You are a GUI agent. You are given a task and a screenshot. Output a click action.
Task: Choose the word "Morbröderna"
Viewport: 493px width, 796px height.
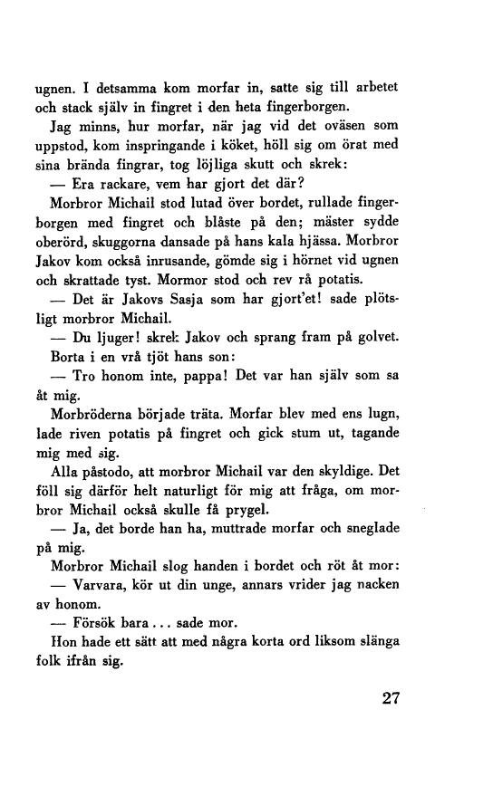(99, 444)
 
